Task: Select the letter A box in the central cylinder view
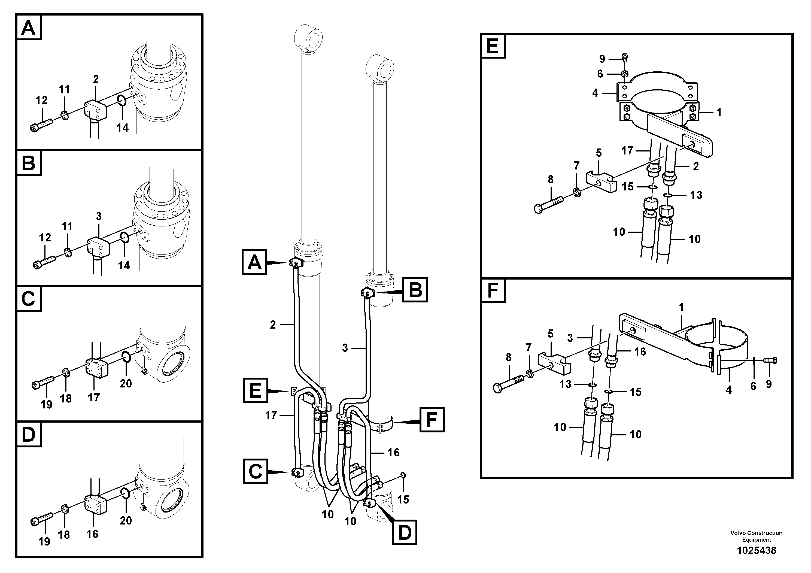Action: point(254,262)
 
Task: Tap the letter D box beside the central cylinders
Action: point(405,532)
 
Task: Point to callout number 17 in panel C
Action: point(94,398)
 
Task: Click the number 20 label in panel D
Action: point(126,520)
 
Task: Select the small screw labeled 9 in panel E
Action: point(625,57)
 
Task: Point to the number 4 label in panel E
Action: point(595,93)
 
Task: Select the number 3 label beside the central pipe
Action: point(345,348)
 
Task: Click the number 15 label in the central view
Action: point(403,499)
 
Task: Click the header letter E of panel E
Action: point(492,46)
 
